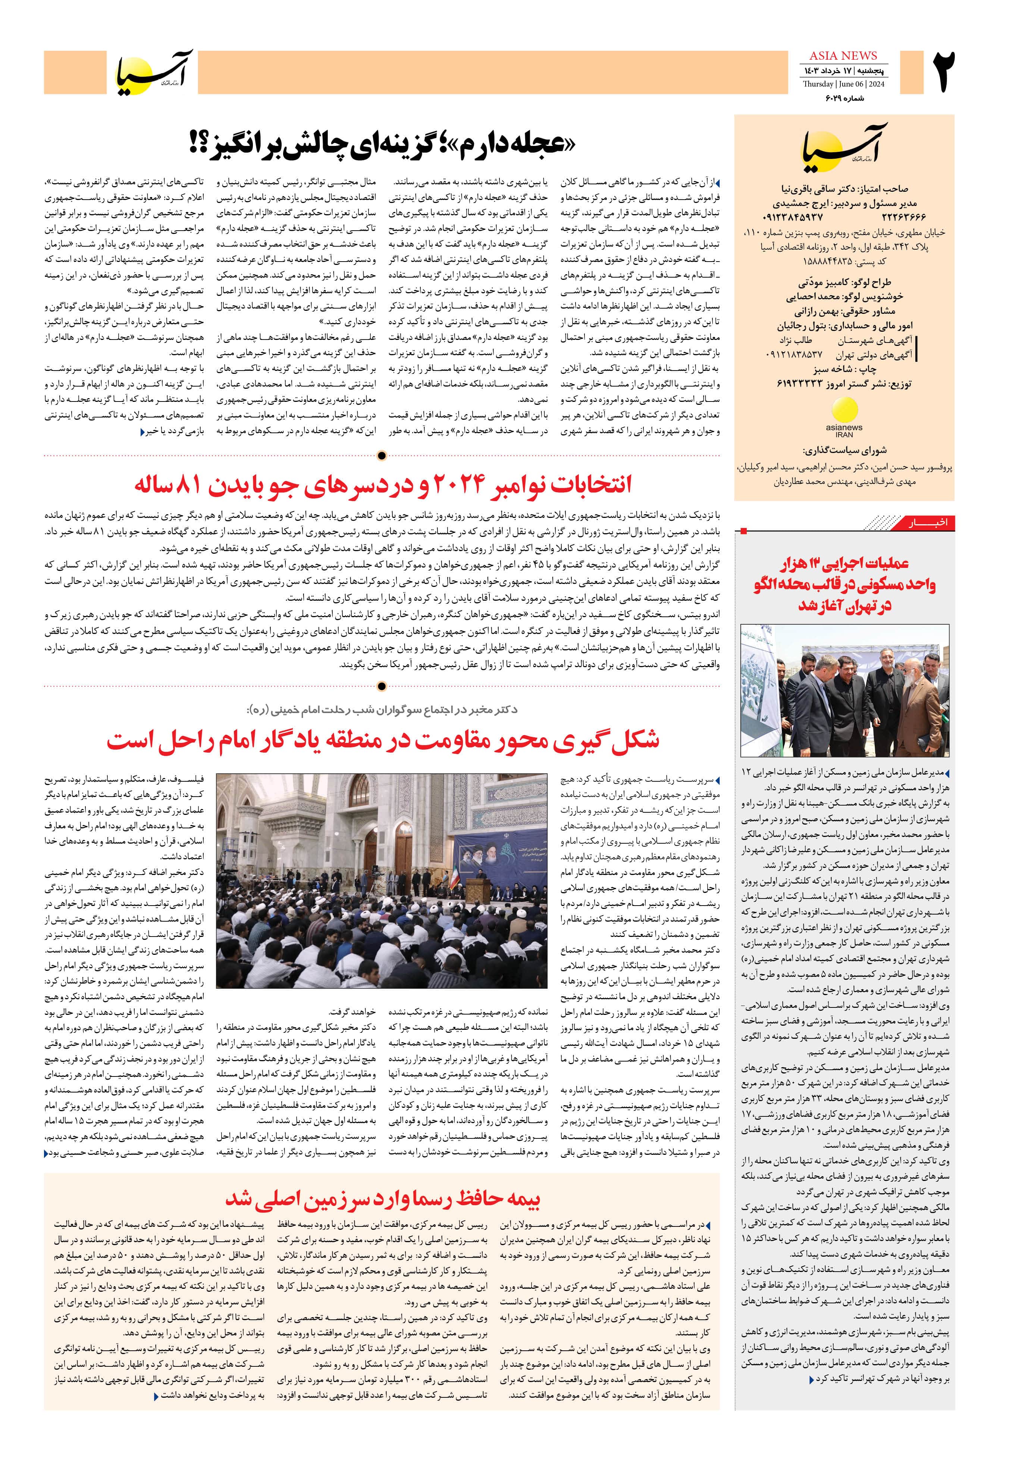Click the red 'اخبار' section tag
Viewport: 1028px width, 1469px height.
928,524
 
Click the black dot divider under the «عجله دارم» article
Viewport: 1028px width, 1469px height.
382,456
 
